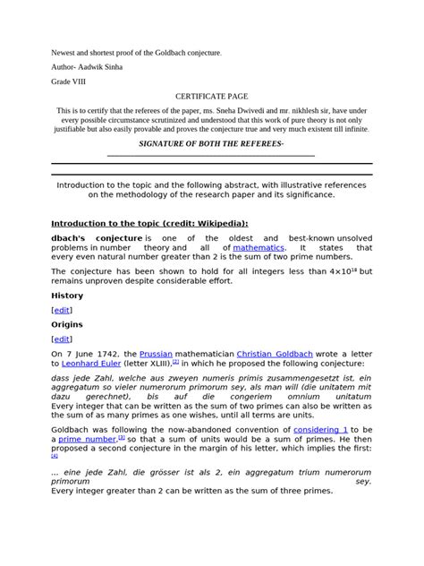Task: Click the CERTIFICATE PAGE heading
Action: pos(212,94)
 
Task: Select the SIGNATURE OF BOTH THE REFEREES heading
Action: pos(211,144)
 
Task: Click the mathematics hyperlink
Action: pos(259,247)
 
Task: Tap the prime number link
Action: pos(88,442)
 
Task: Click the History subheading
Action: pos(68,293)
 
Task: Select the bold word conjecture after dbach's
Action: pos(122,237)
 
